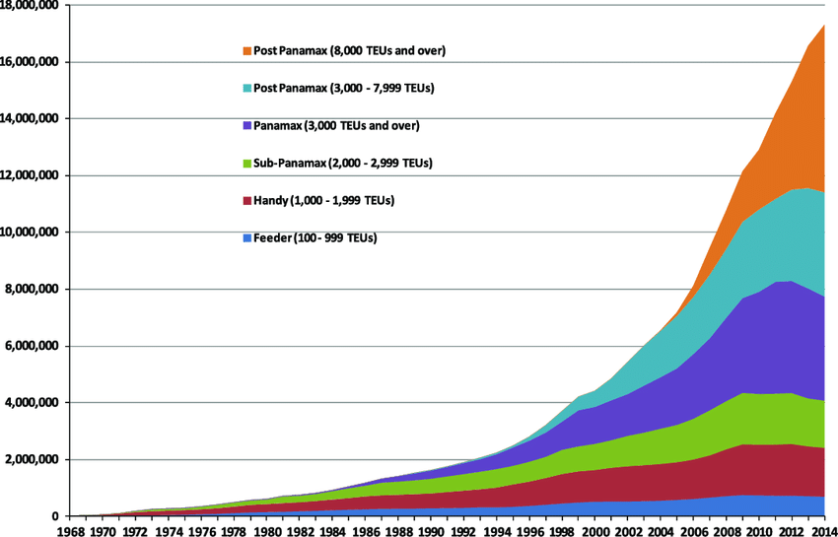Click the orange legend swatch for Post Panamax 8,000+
(x=245, y=50)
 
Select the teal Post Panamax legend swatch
(x=245, y=89)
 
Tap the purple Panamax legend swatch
(x=245, y=126)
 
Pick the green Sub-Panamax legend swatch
(x=245, y=163)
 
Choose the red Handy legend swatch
(x=245, y=201)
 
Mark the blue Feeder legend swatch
(x=245, y=238)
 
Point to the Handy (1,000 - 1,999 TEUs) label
(x=324, y=201)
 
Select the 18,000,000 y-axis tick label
(x=30, y=6)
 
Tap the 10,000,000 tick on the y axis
(x=30, y=233)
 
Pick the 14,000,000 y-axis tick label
(x=30, y=119)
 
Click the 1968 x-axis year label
(x=71, y=529)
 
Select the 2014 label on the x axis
(x=823, y=529)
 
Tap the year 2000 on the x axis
(x=594, y=529)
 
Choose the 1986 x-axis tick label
(x=365, y=529)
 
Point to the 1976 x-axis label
(x=202, y=529)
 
